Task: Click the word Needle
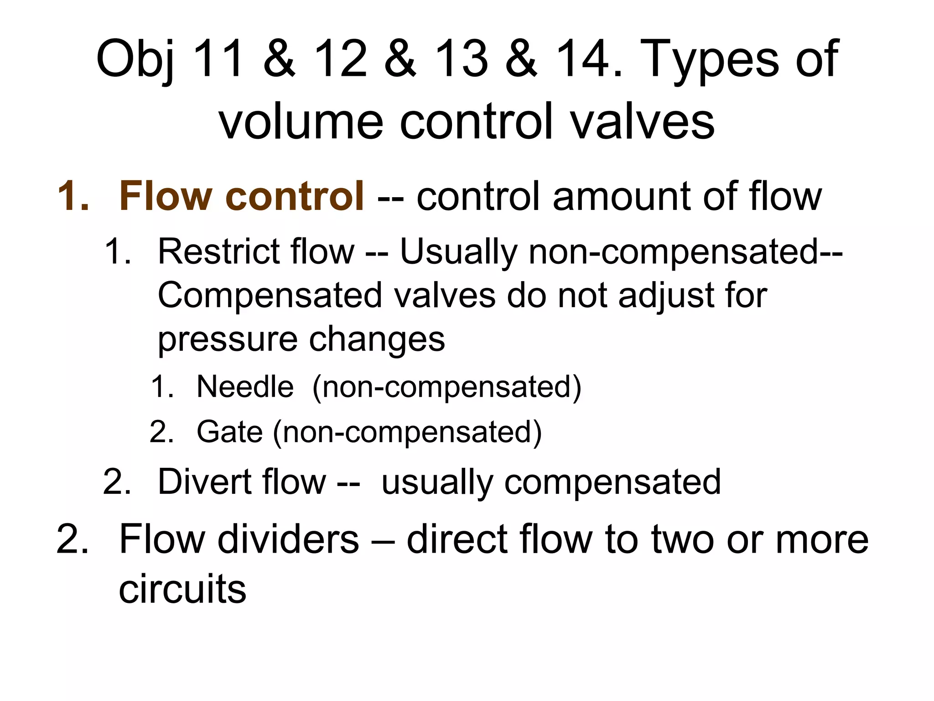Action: (245, 387)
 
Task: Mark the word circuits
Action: (182, 589)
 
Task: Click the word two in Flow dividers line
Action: (681, 539)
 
